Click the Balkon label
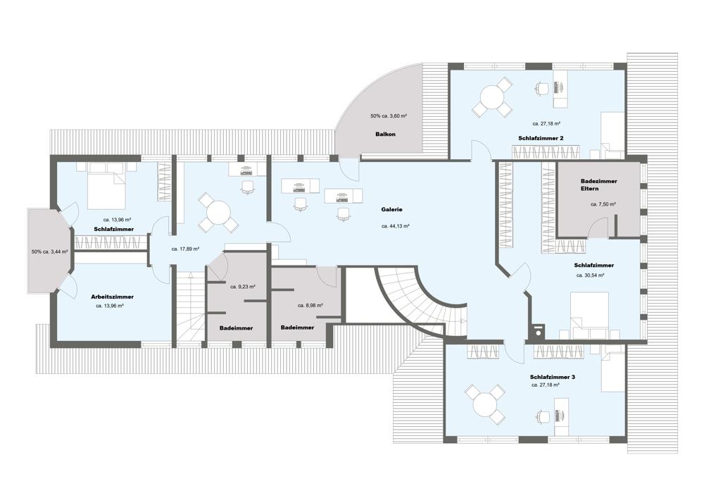(x=385, y=134)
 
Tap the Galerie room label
(x=391, y=209)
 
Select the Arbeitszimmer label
(x=112, y=297)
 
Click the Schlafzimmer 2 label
(x=541, y=138)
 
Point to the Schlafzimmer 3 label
(x=552, y=377)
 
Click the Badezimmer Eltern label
(x=598, y=185)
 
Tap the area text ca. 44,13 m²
(x=395, y=226)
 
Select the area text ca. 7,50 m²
(x=603, y=204)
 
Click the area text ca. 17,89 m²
(x=185, y=249)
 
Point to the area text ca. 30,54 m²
(x=590, y=275)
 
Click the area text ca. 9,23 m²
(x=242, y=286)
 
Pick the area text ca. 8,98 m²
(x=310, y=306)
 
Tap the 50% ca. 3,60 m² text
(x=389, y=116)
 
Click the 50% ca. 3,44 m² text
(x=49, y=251)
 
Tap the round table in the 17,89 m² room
(x=218, y=213)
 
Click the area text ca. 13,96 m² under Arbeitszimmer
(x=110, y=306)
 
